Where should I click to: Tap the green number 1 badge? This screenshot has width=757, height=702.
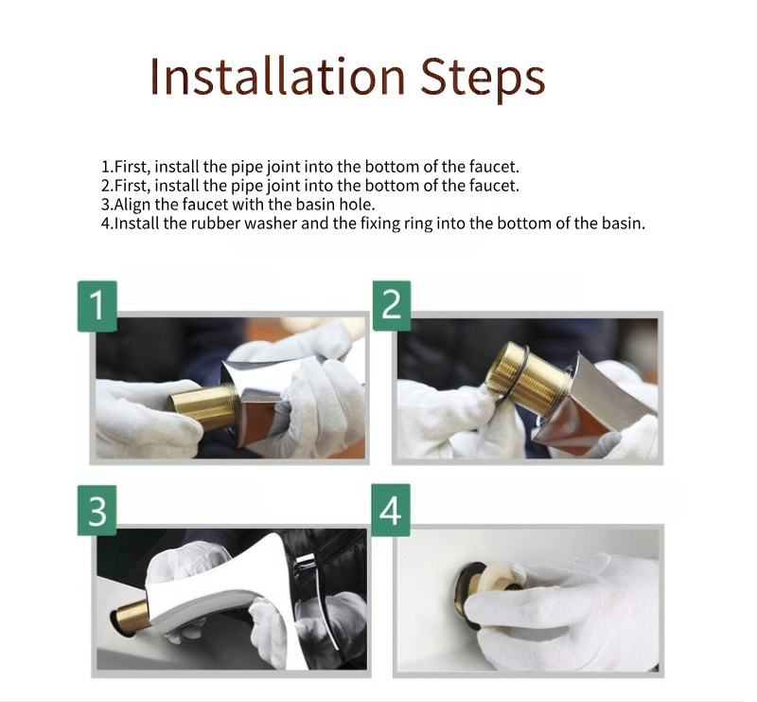(x=97, y=305)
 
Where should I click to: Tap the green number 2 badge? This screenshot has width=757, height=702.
(x=392, y=304)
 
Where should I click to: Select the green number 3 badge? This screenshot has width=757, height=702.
(x=97, y=512)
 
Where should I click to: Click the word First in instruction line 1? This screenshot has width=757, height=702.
(x=129, y=167)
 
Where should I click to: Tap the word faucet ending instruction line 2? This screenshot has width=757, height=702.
(x=495, y=186)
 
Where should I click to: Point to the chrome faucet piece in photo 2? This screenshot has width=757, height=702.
(x=606, y=388)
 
